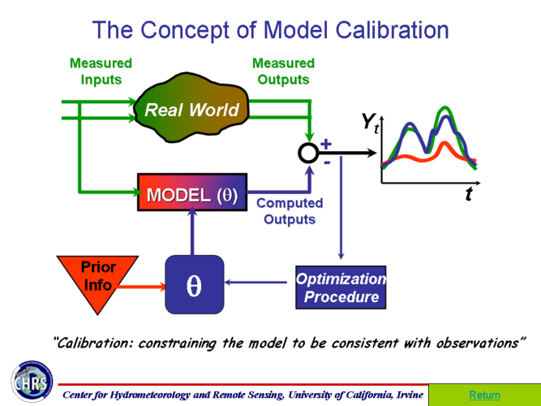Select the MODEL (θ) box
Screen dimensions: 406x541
coord(191,196)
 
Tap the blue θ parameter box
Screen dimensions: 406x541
coord(194,285)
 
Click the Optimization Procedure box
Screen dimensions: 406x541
coord(341,287)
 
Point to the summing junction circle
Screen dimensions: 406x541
coord(308,153)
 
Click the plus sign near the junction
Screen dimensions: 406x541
coord(326,144)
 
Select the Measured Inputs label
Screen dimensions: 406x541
coord(101,71)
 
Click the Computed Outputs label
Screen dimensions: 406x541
coord(290,211)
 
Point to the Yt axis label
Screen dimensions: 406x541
coord(370,123)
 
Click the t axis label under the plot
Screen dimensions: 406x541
coord(469,194)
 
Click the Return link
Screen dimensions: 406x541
coord(484,395)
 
